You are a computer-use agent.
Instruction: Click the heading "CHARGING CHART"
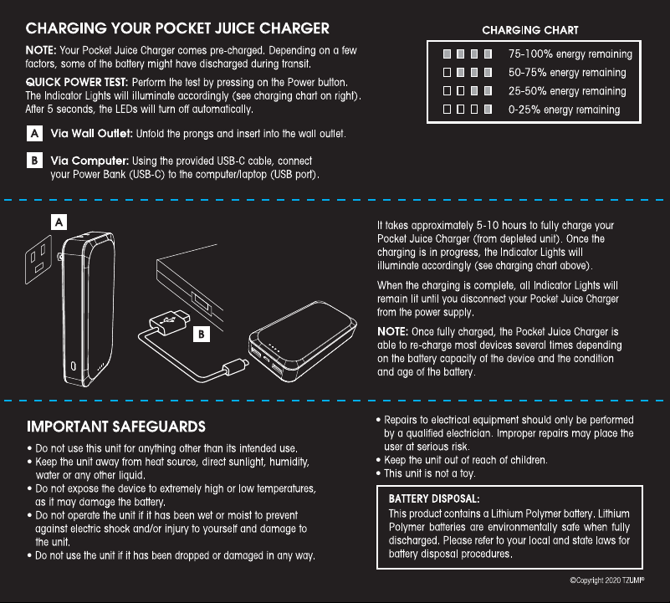coord(529,30)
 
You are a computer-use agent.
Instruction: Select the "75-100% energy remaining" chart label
coord(570,54)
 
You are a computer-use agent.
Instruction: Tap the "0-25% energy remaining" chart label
coord(564,110)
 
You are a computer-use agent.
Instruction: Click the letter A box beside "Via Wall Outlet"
coord(34,133)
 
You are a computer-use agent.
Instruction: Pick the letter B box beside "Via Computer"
coord(34,161)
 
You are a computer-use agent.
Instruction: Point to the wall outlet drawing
coord(38,260)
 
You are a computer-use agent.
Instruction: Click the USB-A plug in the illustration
coord(170,322)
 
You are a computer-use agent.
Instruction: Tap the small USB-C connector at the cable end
coord(235,366)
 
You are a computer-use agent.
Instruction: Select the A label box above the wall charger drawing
coord(59,222)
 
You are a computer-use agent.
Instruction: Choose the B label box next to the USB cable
coord(202,334)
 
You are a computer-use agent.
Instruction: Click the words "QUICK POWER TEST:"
coord(76,82)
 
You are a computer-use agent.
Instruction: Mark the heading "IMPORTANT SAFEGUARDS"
coord(116,427)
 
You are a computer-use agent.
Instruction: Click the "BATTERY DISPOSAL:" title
coord(434,498)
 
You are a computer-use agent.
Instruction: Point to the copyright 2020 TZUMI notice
coord(606,580)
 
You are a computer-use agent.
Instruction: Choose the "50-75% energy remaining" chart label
coord(567,72)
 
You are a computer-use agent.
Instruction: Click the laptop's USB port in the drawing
coord(201,301)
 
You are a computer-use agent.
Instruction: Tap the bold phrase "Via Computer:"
coord(90,161)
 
